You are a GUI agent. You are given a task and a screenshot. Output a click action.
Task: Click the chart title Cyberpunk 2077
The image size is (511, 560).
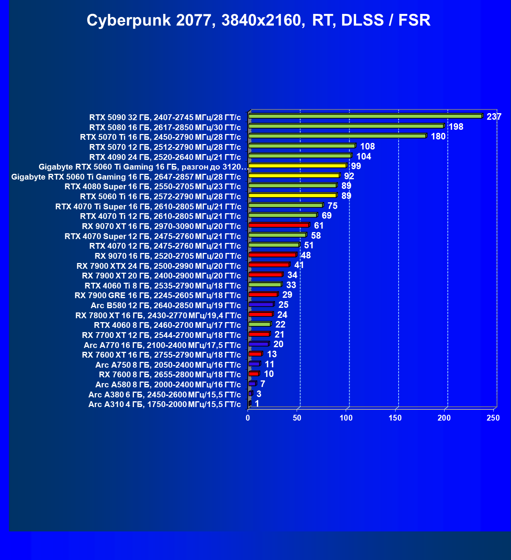[258, 20]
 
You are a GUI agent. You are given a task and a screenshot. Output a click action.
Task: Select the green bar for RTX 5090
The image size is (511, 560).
[365, 116]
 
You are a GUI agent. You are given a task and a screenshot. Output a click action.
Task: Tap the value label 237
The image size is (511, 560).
[494, 117]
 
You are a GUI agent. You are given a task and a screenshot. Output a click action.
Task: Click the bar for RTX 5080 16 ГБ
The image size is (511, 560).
[346, 126]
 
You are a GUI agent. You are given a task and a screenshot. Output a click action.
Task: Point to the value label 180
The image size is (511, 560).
[438, 136]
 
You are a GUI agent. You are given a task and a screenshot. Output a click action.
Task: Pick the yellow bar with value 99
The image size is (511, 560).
[297, 166]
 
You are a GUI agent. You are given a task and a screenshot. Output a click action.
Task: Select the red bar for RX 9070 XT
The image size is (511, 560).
[278, 225]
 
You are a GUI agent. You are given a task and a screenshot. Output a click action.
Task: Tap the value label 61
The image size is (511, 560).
[319, 226]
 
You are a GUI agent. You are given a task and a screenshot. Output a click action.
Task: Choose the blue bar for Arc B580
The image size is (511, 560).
[261, 305]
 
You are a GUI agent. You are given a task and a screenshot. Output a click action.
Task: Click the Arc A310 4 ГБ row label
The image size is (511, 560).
[165, 404]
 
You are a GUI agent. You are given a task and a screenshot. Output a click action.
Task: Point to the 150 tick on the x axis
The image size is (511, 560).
[395, 418]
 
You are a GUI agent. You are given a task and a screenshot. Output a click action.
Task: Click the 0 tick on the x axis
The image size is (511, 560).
[248, 418]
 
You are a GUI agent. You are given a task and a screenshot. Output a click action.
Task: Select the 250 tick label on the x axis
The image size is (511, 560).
[493, 418]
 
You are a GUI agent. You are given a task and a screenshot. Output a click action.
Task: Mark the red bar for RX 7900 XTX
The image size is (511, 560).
[269, 265]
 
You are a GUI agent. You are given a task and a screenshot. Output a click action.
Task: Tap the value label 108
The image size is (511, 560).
[367, 146]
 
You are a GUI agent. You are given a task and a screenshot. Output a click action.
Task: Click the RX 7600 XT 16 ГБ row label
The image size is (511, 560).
[161, 355]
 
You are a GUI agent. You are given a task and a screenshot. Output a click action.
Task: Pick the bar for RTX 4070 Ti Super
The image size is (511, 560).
[285, 205]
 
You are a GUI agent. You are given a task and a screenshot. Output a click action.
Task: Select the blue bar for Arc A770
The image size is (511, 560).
[258, 344]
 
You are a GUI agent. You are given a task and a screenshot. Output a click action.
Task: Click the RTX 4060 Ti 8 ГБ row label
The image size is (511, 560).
[163, 286]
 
